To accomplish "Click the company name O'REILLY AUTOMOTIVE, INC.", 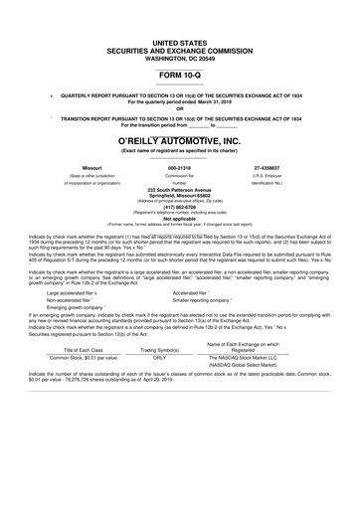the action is pyautogui.click(x=179, y=144).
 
